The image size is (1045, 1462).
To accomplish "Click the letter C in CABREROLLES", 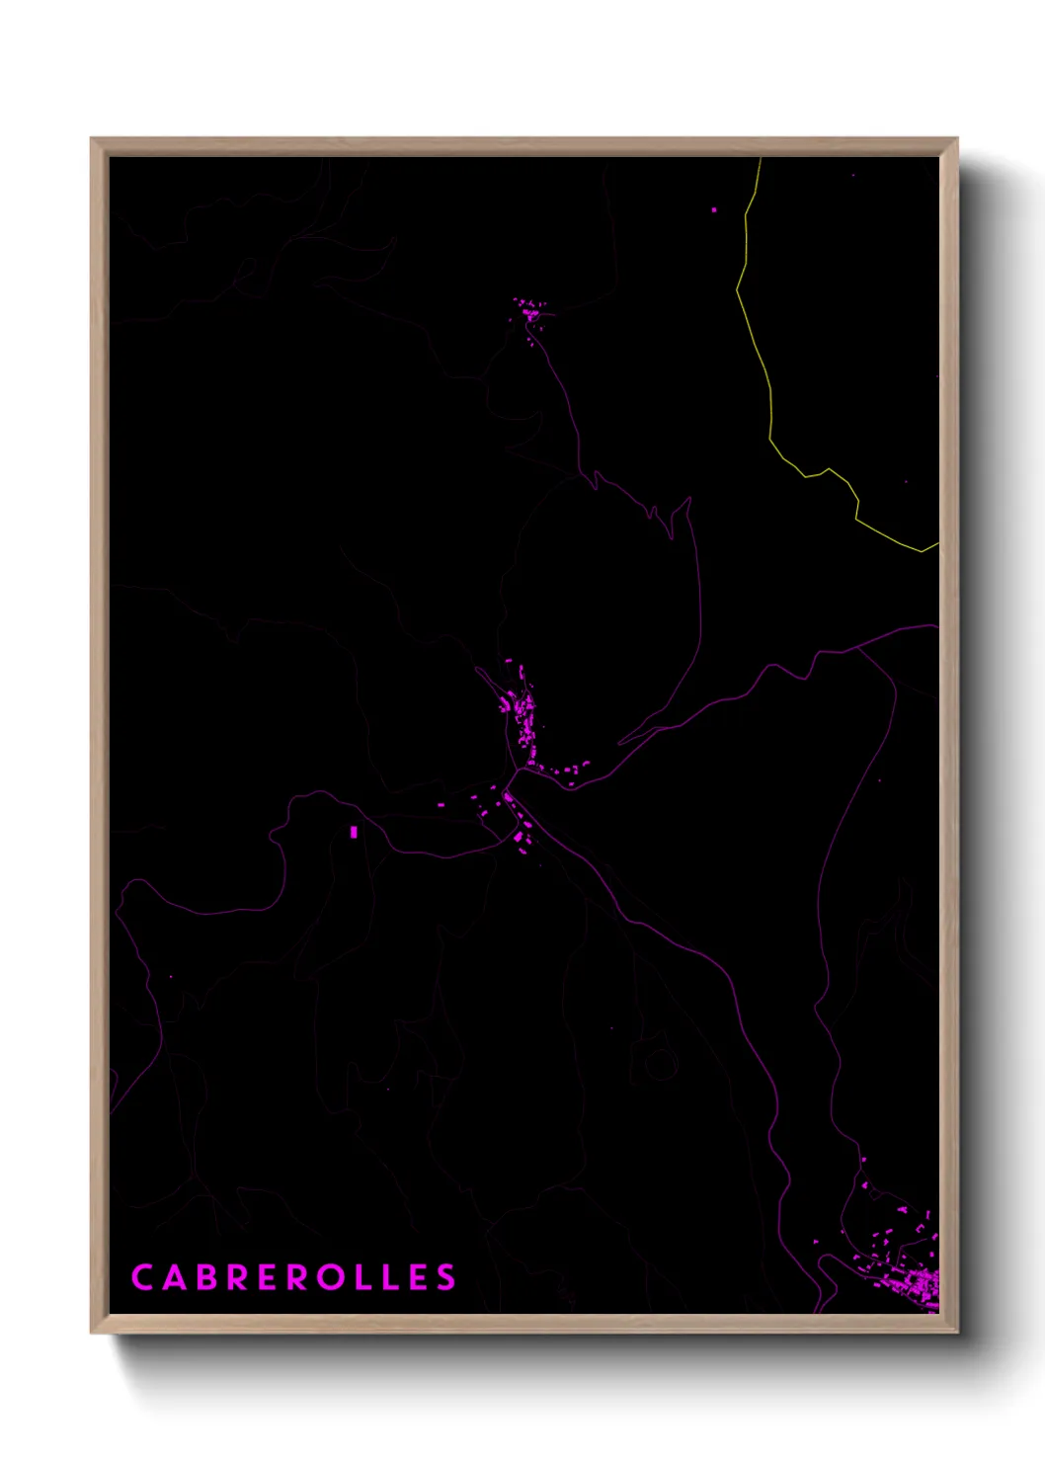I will click(x=141, y=1277).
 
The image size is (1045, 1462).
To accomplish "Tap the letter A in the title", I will click(x=175, y=1277).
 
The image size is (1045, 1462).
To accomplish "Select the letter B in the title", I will click(x=206, y=1277).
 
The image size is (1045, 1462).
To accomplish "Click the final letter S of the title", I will click(x=447, y=1277).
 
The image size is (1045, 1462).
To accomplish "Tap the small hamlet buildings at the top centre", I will click(x=531, y=313).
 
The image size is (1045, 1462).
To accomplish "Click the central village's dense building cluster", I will click(x=523, y=711).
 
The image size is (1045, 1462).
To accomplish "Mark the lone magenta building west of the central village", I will click(x=354, y=833).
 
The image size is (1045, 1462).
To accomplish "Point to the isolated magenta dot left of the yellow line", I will click(x=714, y=209).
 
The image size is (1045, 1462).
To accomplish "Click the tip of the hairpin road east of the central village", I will click(x=621, y=743).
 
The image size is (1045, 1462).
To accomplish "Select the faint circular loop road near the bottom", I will click(x=659, y=1063).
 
